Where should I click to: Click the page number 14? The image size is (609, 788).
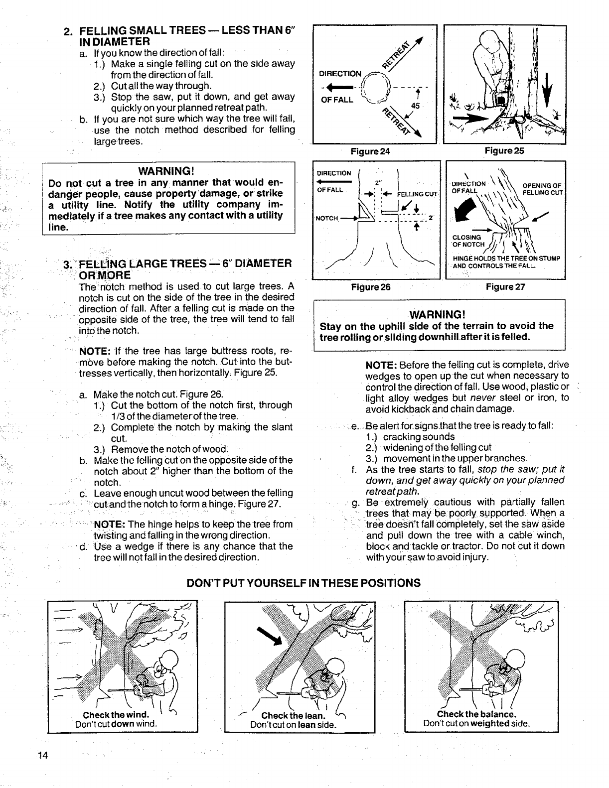(x=42, y=755)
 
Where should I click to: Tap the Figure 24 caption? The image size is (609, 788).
(x=370, y=151)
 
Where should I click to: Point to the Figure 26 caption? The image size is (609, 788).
(x=370, y=287)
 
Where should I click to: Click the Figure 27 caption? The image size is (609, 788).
(x=505, y=287)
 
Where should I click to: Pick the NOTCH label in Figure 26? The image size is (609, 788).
(x=327, y=218)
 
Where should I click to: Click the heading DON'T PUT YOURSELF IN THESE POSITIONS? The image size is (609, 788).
(x=304, y=583)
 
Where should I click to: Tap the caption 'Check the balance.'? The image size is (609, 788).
(x=476, y=714)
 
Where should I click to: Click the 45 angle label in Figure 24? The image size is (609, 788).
(x=415, y=106)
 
